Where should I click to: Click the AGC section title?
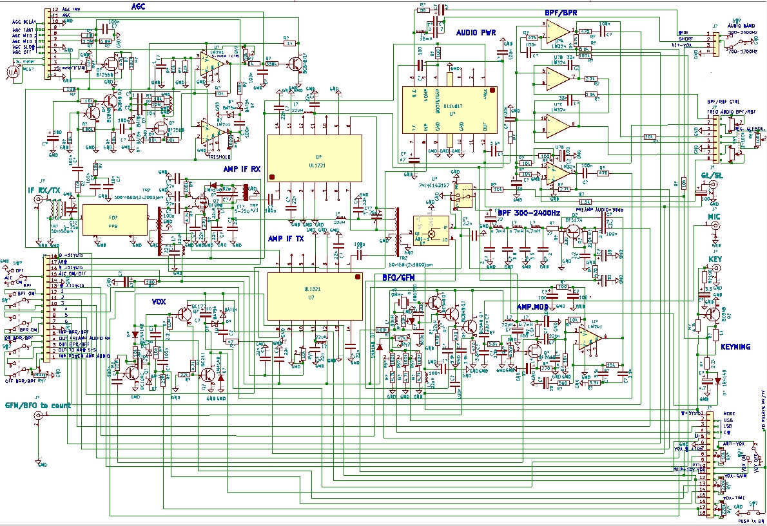139,5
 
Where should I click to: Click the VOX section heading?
159,301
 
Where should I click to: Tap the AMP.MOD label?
533,307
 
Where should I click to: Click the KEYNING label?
735,347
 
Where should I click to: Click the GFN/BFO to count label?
37,406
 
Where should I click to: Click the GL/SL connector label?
712,174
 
